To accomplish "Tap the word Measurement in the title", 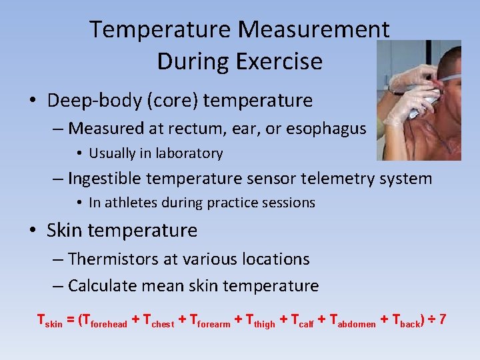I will tap(313, 29).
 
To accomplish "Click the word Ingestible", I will tap(106, 179).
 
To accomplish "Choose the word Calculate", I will tap(105, 286).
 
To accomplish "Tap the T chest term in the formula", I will tap(158, 321).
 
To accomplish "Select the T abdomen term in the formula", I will tap(347, 321).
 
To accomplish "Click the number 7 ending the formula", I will tap(442, 320).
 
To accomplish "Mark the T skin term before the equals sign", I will tap(49, 321).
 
